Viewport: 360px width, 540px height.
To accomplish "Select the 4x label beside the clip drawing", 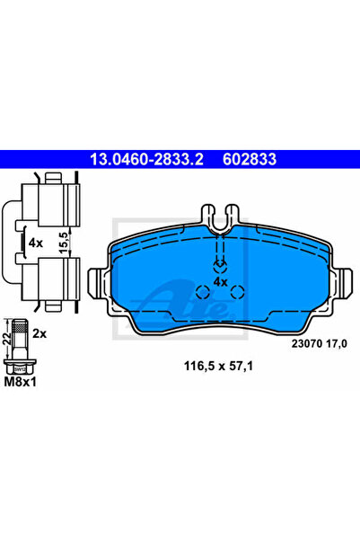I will (x=35, y=243).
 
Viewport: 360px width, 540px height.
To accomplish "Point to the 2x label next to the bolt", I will (x=39, y=332).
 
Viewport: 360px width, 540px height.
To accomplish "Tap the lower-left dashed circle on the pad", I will (x=203, y=291).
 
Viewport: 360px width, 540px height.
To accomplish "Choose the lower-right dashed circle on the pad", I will (x=238, y=291).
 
